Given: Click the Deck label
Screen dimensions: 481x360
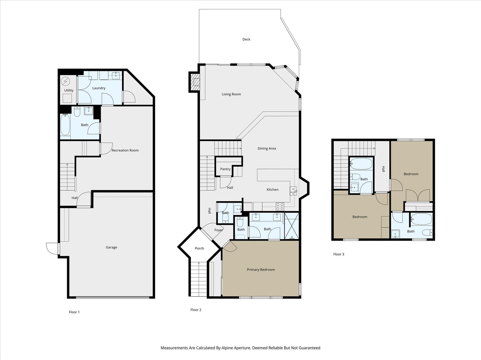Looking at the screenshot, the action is pyautogui.click(x=246, y=39).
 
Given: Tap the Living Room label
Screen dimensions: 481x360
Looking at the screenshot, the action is pyautogui.click(x=231, y=94).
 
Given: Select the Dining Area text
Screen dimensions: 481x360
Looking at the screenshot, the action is pyautogui.click(x=267, y=148).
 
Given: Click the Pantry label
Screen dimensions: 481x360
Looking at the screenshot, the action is pyautogui.click(x=225, y=169).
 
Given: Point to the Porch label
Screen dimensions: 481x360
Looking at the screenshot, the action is pyautogui.click(x=200, y=249).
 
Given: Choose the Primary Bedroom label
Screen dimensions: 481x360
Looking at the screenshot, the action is pyautogui.click(x=261, y=270).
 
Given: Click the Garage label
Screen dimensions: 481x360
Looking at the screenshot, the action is pyautogui.click(x=111, y=247).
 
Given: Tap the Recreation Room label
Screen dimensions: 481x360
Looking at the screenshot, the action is pyautogui.click(x=125, y=151).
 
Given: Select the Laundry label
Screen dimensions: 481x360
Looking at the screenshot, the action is pyautogui.click(x=99, y=88).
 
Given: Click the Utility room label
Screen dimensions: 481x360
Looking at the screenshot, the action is pyautogui.click(x=69, y=90).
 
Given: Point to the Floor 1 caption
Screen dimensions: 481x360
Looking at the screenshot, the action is pyautogui.click(x=74, y=312).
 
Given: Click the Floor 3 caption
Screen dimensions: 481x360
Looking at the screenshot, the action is pyautogui.click(x=339, y=254).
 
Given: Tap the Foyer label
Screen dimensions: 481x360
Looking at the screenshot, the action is pyautogui.click(x=219, y=230).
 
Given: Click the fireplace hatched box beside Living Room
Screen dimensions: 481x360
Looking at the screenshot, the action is pyautogui.click(x=195, y=82).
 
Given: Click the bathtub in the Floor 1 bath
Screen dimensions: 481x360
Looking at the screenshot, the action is pyautogui.click(x=65, y=125).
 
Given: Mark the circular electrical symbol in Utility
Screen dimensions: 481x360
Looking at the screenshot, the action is pyautogui.click(x=65, y=81).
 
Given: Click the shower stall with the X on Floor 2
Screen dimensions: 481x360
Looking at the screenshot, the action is pyautogui.click(x=292, y=226).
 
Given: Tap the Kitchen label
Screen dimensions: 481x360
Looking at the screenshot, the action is pyautogui.click(x=272, y=190).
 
